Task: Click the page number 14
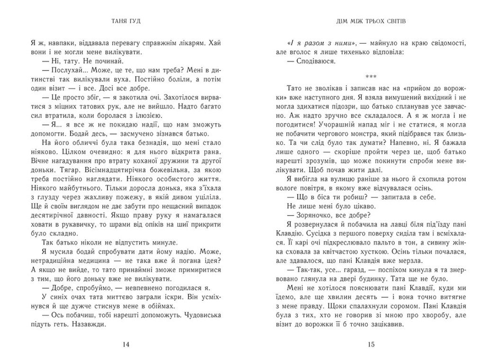click(125, 344)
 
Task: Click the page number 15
click(371, 344)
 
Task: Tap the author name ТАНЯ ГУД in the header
click(125, 21)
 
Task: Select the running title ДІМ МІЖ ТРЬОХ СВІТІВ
click(371, 21)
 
